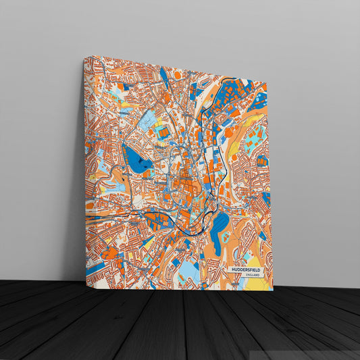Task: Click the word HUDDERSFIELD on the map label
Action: [247, 269]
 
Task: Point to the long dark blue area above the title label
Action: [217, 230]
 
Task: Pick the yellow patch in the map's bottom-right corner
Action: [257, 284]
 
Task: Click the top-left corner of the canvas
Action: [84, 57]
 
